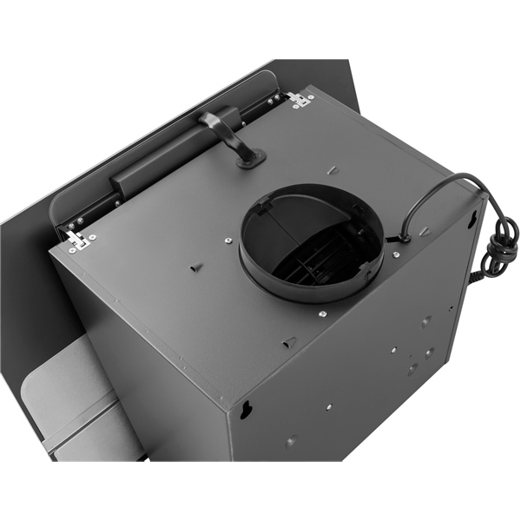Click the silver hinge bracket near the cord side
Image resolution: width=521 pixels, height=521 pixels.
coord(300,99)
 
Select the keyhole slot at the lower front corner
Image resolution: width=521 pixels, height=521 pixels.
coord(246,409)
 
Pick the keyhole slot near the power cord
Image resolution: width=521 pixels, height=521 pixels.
coord(472,220)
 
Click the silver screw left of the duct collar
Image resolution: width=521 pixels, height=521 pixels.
coord(227,241)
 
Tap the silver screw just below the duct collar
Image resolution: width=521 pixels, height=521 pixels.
coord(321,313)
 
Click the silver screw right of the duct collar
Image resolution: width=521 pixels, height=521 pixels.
coord(396,255)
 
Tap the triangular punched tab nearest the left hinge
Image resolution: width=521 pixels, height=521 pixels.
coord(196,267)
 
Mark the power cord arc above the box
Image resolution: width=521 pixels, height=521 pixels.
coord(434,187)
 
